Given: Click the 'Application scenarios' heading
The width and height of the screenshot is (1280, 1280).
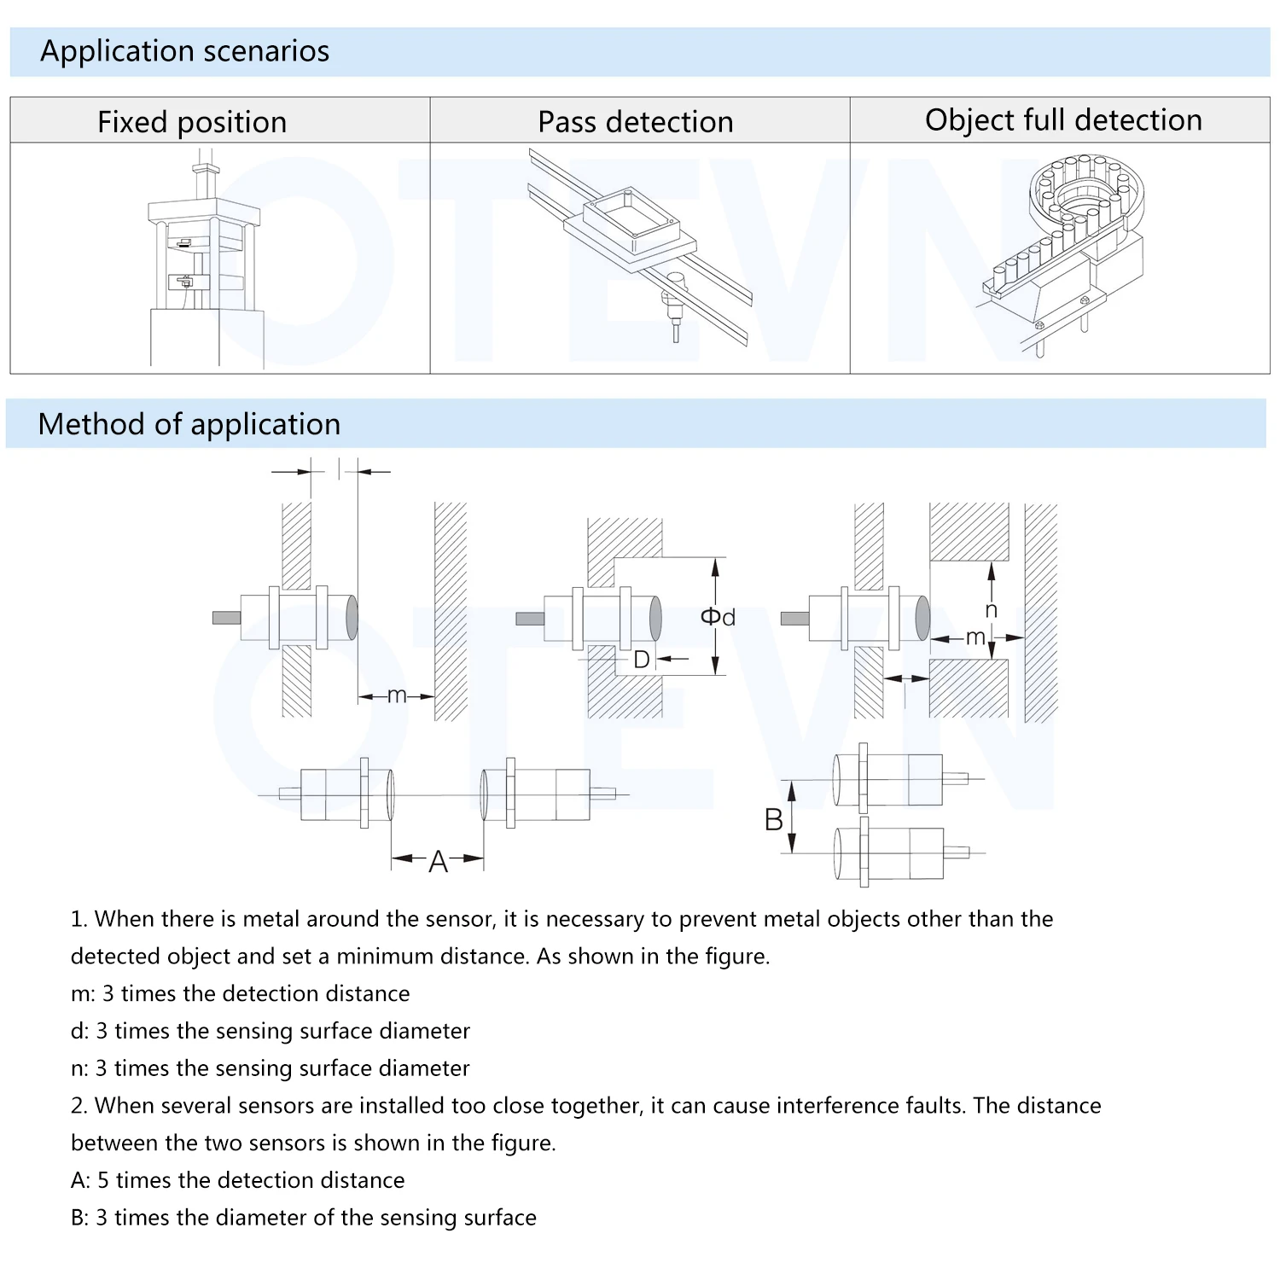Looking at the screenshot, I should (x=184, y=51).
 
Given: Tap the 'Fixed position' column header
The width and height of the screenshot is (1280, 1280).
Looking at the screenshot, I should (x=192, y=122).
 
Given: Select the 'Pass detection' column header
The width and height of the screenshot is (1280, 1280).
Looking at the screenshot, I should (x=636, y=122).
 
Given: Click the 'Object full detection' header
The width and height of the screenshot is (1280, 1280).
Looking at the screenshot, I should (x=1063, y=120).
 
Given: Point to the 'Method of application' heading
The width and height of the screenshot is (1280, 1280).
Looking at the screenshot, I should (x=189, y=424).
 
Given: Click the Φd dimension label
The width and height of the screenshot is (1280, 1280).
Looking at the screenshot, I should (x=718, y=616).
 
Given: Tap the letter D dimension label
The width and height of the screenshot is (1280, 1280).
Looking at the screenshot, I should (x=642, y=659).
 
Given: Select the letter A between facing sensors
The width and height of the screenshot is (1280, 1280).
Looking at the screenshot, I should (x=438, y=862).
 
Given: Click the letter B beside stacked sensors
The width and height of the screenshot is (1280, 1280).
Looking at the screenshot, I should (x=773, y=820).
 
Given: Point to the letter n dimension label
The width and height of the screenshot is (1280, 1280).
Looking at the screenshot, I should (x=991, y=609).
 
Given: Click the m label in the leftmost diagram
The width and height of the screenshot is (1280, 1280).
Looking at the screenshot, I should (x=397, y=695).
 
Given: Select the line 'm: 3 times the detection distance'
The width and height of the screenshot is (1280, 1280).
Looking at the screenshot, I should (x=240, y=993).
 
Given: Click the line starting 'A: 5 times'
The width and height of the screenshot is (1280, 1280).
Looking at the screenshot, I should (x=237, y=1180).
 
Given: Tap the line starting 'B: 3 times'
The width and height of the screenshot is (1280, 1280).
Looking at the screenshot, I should (x=303, y=1218).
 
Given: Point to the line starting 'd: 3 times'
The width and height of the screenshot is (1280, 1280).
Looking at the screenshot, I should (x=270, y=1031).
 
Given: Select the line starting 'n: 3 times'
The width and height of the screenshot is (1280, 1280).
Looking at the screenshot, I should (x=270, y=1068).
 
